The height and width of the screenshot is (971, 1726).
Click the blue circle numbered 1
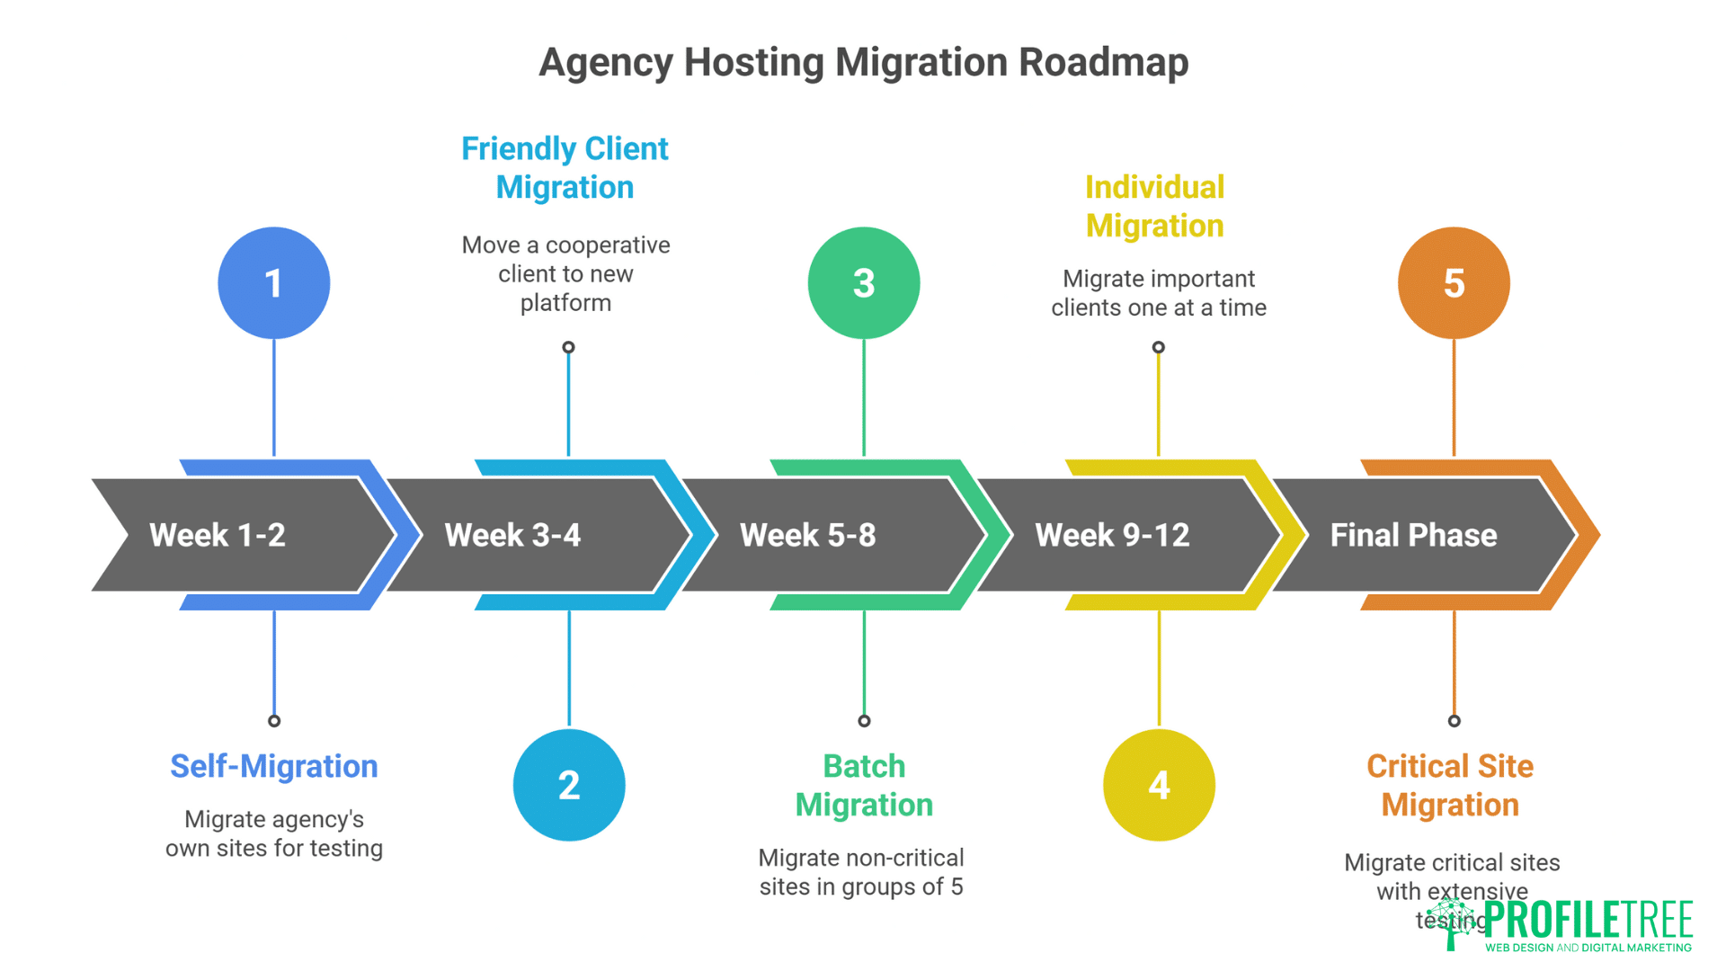(274, 283)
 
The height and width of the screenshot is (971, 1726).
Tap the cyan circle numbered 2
(569, 785)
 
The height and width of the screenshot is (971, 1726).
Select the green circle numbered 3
(864, 283)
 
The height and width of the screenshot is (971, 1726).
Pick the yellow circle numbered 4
(1159, 785)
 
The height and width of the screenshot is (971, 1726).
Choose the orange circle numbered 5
(1454, 283)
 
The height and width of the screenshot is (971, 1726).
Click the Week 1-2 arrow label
(218, 535)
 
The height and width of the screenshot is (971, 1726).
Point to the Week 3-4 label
(512, 535)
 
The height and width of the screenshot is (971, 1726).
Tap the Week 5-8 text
(807, 535)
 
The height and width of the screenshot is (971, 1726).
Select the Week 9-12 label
(1112, 535)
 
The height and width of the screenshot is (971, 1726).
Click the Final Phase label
(1413, 535)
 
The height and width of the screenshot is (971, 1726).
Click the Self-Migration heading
(274, 766)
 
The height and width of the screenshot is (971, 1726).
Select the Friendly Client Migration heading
(565, 168)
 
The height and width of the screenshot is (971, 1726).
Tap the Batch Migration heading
(864, 785)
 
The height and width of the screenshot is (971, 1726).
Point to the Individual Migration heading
(1154, 206)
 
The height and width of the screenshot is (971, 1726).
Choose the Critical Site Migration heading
(1450, 785)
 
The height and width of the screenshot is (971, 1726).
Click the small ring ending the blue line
(274, 721)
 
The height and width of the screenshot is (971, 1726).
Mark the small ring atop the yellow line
(1159, 347)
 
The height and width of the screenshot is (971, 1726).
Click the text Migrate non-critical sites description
(861, 872)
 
